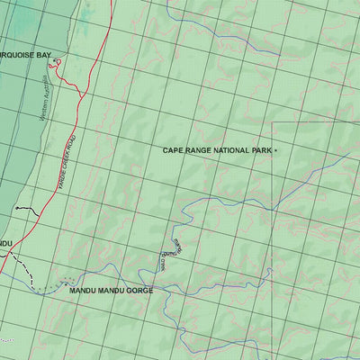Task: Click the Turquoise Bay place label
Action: [25, 55]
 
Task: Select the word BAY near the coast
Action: [44, 55]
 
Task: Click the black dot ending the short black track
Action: [16, 208]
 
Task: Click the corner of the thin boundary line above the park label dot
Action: [274, 122]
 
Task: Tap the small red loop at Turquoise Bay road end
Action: [56, 66]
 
